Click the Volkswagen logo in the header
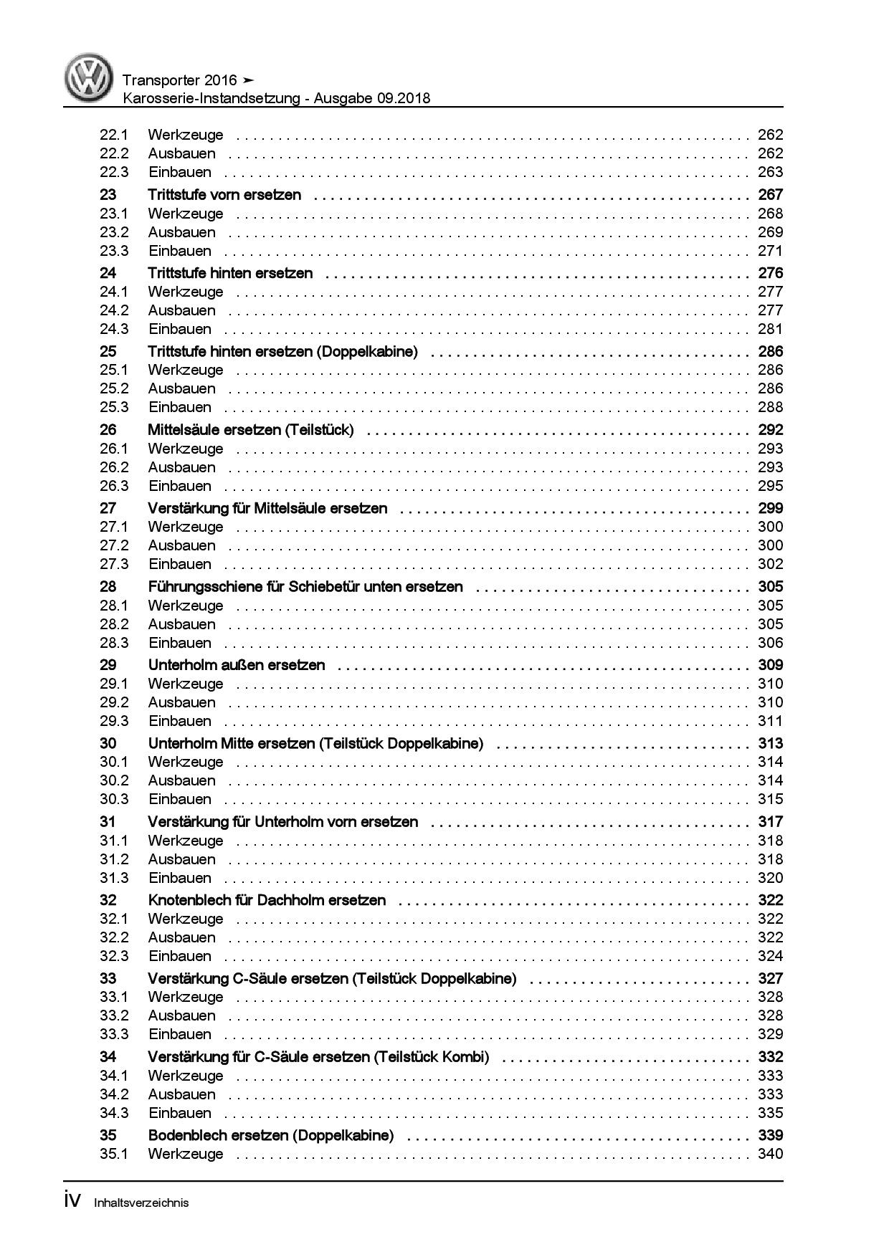coord(89,78)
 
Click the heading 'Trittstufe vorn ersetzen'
coord(224,195)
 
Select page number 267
coord(770,195)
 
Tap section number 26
coord(108,430)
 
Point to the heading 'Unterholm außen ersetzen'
coord(237,665)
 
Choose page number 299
coord(770,509)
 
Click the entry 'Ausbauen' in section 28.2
coord(181,624)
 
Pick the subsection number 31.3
coord(113,878)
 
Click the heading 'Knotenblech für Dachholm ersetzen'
coord(267,900)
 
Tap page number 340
coord(770,1154)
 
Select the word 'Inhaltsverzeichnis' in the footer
coord(141,1203)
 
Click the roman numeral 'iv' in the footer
coord(74,1201)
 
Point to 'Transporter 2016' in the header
coord(179,80)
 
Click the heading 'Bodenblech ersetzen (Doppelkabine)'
coord(271,1135)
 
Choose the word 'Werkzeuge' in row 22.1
coord(186,135)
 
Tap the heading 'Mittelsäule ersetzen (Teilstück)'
coord(250,430)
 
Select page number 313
coord(770,744)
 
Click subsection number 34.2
coord(113,1094)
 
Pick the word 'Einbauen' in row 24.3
coord(180,329)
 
